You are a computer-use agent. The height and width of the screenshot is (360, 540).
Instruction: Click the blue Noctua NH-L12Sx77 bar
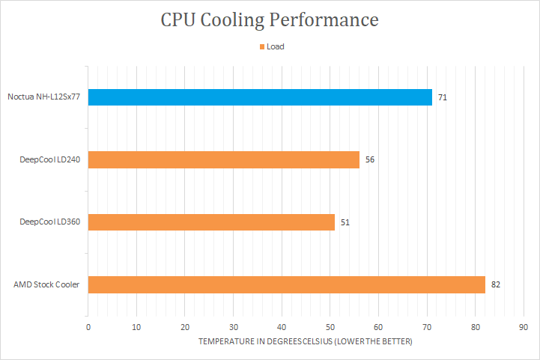[x=260, y=97]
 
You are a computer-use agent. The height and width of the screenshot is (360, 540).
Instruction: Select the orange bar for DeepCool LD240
[x=224, y=159]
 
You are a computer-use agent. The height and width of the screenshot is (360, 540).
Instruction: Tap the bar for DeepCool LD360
[x=211, y=222]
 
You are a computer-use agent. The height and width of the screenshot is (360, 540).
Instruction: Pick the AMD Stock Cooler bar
[x=287, y=284]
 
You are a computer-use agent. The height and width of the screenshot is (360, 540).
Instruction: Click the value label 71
[x=443, y=97]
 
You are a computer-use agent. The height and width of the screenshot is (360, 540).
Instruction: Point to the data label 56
[x=370, y=159]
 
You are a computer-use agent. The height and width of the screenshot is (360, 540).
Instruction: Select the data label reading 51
[x=345, y=222]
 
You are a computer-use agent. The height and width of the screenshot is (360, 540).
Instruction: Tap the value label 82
[x=496, y=284]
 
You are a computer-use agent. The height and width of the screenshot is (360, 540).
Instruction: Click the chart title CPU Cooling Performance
[x=270, y=20]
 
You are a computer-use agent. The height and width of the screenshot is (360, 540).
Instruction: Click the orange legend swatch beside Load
[x=261, y=46]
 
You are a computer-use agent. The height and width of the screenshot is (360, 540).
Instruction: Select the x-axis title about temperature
[x=306, y=341]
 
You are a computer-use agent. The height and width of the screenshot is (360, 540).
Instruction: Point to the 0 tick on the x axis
[x=88, y=327]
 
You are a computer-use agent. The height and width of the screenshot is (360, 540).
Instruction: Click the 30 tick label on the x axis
[x=234, y=327]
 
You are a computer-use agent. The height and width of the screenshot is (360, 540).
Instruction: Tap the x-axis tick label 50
[x=330, y=327]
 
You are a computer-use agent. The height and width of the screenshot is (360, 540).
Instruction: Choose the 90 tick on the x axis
[x=524, y=327]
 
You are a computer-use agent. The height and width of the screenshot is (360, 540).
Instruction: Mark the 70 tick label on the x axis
[x=427, y=327]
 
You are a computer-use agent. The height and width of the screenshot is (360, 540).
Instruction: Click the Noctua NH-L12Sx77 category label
[x=44, y=97]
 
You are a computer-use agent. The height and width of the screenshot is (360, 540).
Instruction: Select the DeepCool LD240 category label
[x=50, y=159]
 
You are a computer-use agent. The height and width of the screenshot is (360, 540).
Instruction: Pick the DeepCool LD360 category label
[x=50, y=222]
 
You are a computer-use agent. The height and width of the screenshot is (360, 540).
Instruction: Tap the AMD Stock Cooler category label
[x=46, y=284]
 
